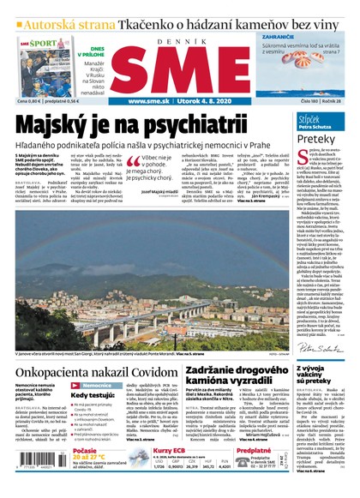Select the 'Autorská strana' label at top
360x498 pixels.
pyautogui.click(x=53, y=24)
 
